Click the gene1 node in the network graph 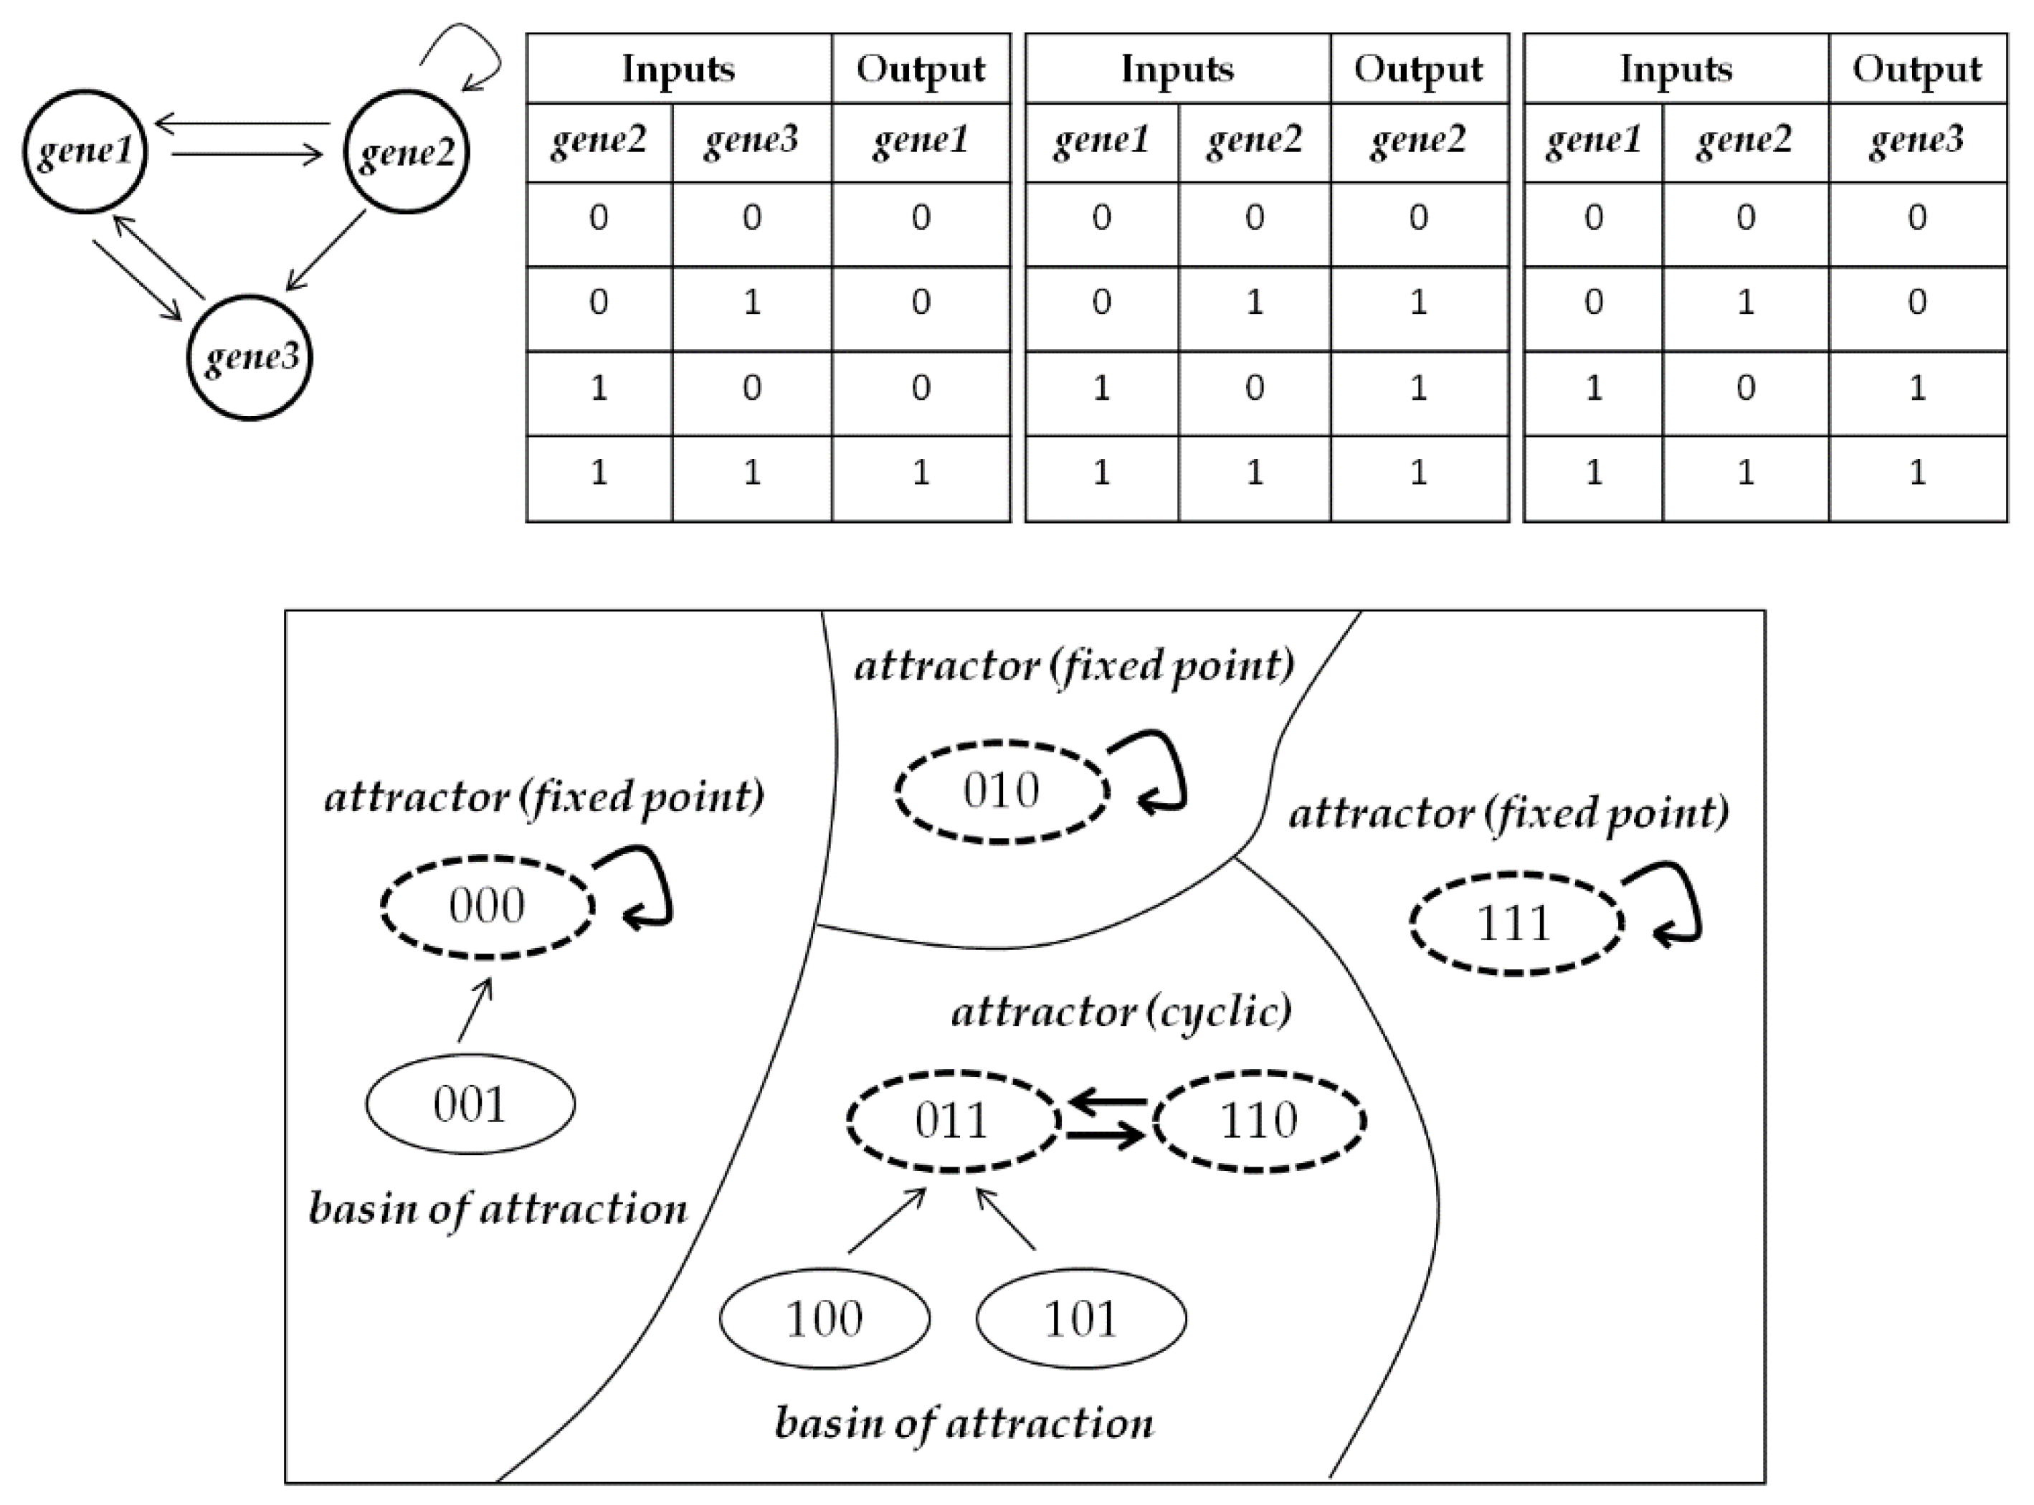click(x=85, y=151)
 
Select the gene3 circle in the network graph click(x=250, y=357)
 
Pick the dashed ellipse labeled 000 click(x=488, y=906)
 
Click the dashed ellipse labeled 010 click(x=1001, y=791)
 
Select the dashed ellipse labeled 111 click(x=1516, y=924)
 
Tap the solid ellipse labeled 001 click(x=470, y=1104)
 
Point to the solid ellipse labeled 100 click(x=824, y=1319)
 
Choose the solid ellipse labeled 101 click(x=1081, y=1319)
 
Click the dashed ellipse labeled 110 click(x=1259, y=1121)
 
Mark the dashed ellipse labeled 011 click(x=953, y=1121)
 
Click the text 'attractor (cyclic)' click(x=1121, y=1012)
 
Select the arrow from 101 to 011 click(x=1006, y=1218)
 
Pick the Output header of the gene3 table click(x=1916, y=70)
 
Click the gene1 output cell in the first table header click(x=920, y=141)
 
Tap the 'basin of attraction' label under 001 click(x=498, y=1210)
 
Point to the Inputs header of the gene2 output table click(x=1177, y=70)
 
